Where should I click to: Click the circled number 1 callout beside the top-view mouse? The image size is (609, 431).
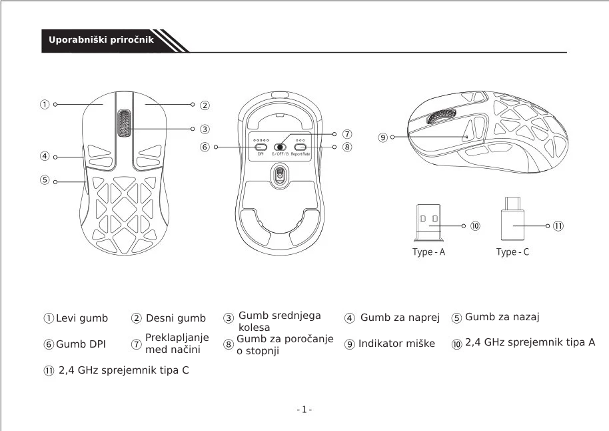pos(44,104)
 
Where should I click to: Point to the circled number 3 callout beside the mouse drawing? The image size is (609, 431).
pos(205,129)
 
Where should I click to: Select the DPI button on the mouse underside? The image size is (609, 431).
pos(261,147)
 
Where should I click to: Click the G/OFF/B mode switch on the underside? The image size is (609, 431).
pos(280,147)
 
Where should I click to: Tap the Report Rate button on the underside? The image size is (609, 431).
pos(300,147)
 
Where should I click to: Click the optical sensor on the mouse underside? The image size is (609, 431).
pos(280,175)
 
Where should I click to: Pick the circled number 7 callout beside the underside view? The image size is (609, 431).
pos(347,134)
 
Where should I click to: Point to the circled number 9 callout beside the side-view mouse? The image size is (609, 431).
pos(382,137)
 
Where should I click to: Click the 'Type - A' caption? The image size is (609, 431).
pos(429,252)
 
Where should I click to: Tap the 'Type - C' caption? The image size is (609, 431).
pos(512,252)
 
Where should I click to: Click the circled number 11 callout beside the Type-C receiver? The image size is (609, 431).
pos(558,226)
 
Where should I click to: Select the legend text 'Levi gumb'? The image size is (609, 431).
pos(81,318)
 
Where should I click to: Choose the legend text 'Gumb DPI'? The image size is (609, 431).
pos(81,344)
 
